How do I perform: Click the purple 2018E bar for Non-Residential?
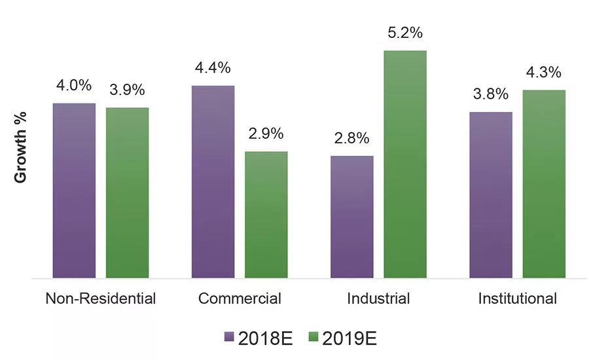pos(74,190)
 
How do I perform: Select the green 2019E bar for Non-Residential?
pos(127,193)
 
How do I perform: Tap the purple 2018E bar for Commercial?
pos(213,182)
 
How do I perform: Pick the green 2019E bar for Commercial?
pos(266,215)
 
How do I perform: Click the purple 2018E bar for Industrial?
pos(352,217)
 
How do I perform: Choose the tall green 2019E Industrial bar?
pos(405,164)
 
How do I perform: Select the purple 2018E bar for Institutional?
pos(491,195)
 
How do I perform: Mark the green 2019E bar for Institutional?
pos(544,184)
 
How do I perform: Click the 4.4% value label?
pos(213,68)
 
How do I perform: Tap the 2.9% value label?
pos(266,134)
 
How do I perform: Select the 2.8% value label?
pos(352,139)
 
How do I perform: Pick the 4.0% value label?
pos(74,86)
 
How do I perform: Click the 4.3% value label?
pos(544,73)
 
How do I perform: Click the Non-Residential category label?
pos(101,299)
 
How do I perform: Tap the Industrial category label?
pos(378,299)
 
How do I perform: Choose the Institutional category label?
pos(518,299)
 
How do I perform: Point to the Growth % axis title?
pos(20,155)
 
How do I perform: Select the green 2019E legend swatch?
pos(312,338)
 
